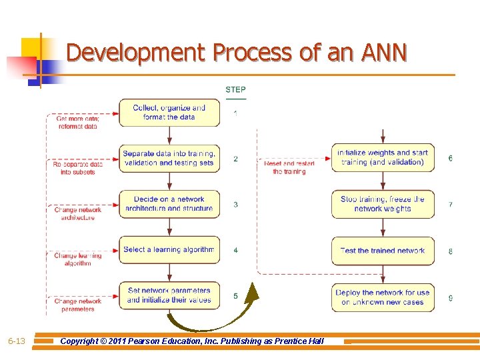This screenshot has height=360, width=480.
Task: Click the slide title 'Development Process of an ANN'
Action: tap(237, 52)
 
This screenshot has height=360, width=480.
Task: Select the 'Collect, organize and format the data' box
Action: tap(169, 113)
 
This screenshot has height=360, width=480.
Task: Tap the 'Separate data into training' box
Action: tap(169, 158)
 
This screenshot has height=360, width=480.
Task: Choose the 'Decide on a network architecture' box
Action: tap(169, 204)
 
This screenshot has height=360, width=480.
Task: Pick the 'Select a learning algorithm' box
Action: tap(169, 250)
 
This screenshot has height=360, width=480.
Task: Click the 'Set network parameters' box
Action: tap(169, 295)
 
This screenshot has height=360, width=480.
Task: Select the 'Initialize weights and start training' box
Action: tap(383, 158)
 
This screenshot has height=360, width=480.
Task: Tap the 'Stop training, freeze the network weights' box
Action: tap(383, 204)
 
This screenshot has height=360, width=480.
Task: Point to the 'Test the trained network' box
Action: tap(383, 251)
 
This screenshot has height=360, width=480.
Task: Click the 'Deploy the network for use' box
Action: tap(383, 297)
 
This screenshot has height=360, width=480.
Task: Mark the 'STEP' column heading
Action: tap(235, 90)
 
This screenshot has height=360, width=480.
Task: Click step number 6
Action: tap(451, 159)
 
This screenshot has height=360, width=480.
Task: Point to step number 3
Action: tap(235, 205)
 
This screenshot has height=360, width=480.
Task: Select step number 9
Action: tap(451, 298)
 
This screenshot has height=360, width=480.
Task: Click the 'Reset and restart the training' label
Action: tap(289, 167)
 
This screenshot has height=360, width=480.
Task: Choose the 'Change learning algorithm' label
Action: tap(78, 259)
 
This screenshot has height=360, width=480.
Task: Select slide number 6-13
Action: tap(17, 341)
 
